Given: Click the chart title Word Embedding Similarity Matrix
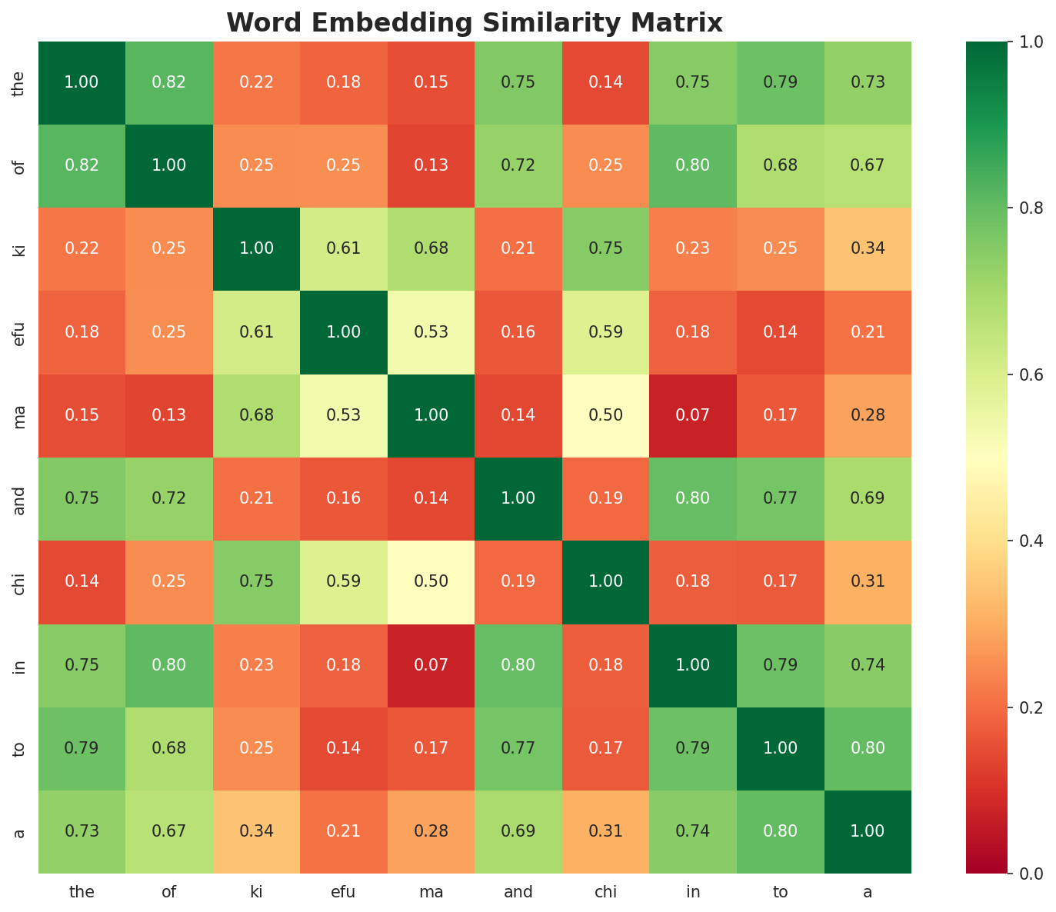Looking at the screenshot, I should click(x=475, y=23).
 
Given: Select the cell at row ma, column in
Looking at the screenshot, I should click(x=693, y=415).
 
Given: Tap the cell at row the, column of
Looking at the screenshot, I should click(x=169, y=82).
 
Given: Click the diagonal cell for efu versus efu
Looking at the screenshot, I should click(x=344, y=332).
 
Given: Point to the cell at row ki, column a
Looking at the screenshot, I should click(x=868, y=249).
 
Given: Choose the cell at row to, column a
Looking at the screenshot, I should click(x=868, y=748).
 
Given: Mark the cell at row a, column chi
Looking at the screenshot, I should click(x=606, y=831).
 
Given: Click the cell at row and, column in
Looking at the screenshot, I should click(x=693, y=498).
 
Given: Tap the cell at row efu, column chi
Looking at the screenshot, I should click(x=606, y=332).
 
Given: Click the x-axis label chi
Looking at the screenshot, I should click(x=606, y=892).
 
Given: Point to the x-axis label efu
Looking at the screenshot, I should click(x=344, y=892).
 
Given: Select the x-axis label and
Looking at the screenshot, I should click(x=518, y=892).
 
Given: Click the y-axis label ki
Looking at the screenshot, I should click(x=20, y=249).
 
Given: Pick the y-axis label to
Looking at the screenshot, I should click(x=20, y=748).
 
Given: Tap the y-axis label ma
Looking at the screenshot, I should click(x=20, y=415).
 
